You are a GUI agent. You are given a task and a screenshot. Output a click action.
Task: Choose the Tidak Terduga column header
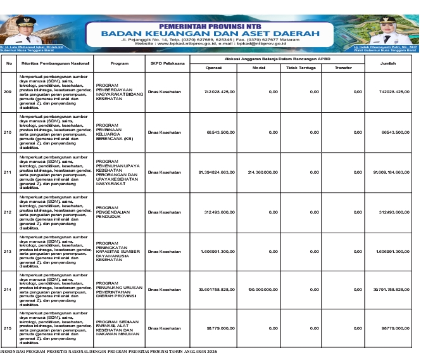coord(301,67)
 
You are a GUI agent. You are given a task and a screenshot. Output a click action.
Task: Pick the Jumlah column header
coord(393,63)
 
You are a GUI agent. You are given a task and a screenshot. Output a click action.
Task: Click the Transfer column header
coord(343,67)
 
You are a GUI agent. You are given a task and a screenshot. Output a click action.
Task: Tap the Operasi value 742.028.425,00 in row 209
coord(220,93)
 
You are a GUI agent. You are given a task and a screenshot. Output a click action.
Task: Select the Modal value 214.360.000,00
coord(263,172)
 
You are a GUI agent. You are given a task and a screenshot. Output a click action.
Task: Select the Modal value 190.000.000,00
coord(263,290)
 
